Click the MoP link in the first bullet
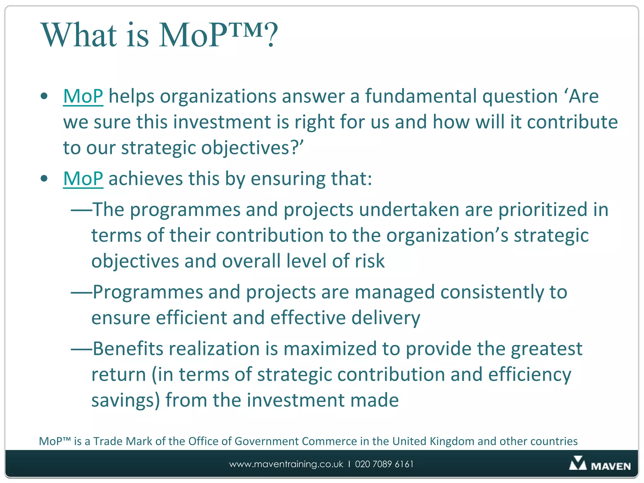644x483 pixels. point(83,96)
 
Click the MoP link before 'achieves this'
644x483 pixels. point(83,179)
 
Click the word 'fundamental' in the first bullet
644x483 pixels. point(421,96)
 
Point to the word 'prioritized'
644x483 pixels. point(543,209)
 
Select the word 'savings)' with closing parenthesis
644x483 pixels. point(125,401)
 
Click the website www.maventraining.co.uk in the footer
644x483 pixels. point(286,464)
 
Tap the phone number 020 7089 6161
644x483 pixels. point(384,464)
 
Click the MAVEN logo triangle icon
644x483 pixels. point(577,464)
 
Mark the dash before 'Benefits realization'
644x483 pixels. point(81,349)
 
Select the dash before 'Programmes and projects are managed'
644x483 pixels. point(81,292)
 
